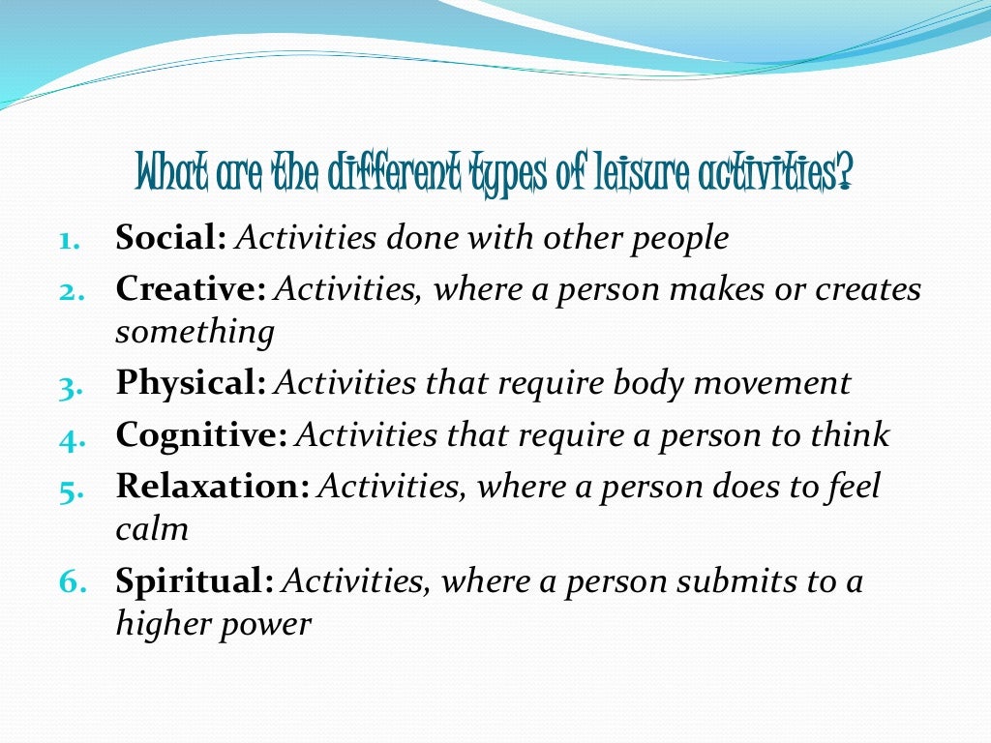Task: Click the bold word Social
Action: tap(170, 239)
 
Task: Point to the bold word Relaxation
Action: tap(212, 486)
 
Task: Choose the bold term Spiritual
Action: tap(195, 581)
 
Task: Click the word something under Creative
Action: tap(195, 333)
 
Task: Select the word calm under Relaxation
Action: tap(151, 529)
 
